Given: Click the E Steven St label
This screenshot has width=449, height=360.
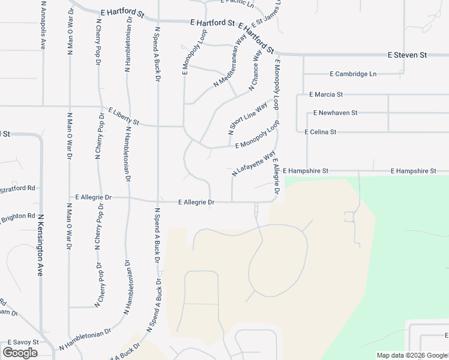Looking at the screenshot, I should click(x=407, y=55).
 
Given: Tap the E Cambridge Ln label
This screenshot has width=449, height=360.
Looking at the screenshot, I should click(x=353, y=74).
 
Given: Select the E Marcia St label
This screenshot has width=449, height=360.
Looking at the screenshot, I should click(x=326, y=94).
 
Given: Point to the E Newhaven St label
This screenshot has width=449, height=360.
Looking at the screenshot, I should click(x=335, y=112).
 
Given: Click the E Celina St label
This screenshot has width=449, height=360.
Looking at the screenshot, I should click(x=321, y=131).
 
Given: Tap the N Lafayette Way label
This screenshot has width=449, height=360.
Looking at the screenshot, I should click(x=253, y=163).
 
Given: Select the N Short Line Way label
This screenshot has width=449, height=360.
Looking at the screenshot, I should click(x=248, y=117).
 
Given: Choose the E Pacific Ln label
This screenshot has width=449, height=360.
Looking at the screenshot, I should click(x=238, y=5).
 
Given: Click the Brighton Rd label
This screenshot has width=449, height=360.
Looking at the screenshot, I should click(x=16, y=217).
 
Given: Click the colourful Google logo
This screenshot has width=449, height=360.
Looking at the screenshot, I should click(x=20, y=353).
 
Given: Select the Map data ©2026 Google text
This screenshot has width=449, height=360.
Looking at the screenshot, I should click(x=412, y=355).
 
